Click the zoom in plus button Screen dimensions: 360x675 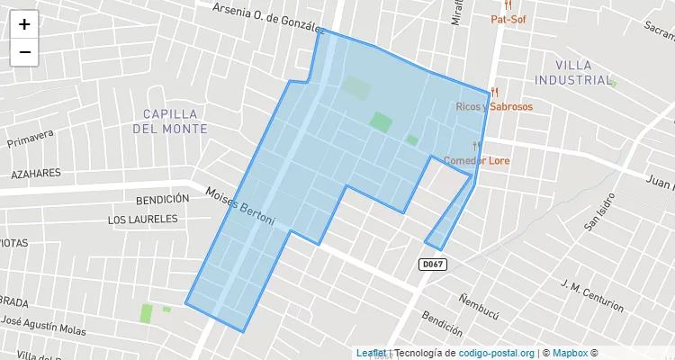coord(24,24)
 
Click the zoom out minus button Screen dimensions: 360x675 coord(24,52)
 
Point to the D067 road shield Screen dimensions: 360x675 coord(433,264)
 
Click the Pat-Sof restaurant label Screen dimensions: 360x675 coord(508,19)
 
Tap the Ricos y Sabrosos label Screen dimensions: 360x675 coord(494,106)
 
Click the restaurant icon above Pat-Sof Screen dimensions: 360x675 coord(508,4)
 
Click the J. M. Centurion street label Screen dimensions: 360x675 coord(591,296)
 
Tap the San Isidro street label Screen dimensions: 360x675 coord(599,212)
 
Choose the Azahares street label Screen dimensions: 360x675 coord(36,173)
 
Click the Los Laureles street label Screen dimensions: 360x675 coord(143,220)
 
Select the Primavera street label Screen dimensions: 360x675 coord(31,139)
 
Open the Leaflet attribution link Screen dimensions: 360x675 coord(371,353)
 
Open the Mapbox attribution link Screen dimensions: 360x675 coord(571,353)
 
